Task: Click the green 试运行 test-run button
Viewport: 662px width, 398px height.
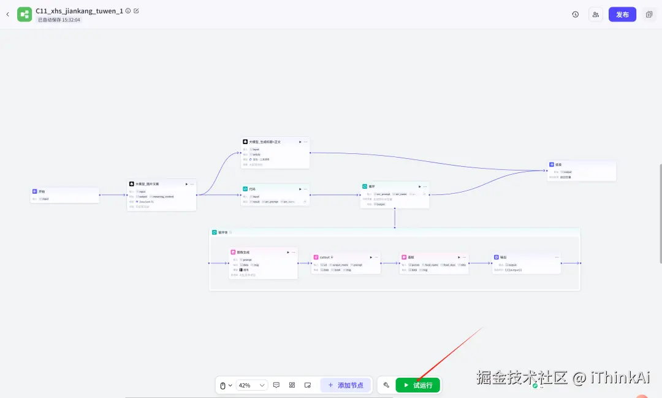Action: pyautogui.click(x=418, y=385)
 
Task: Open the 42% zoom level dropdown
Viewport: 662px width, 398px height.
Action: pyautogui.click(x=252, y=385)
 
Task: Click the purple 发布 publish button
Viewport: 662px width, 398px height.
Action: pyautogui.click(x=622, y=14)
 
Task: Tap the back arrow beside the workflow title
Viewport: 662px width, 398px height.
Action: pyautogui.click(x=7, y=14)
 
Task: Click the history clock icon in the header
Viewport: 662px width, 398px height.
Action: pyautogui.click(x=575, y=14)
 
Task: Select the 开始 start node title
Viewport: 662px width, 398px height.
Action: pyautogui.click(x=42, y=191)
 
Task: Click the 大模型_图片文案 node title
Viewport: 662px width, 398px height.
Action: pyautogui.click(x=147, y=183)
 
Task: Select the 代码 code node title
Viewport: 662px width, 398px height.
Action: pyautogui.click(x=252, y=189)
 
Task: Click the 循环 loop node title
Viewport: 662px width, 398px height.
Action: pyautogui.click(x=371, y=186)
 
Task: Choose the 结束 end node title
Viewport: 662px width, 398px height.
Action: pyautogui.click(x=558, y=164)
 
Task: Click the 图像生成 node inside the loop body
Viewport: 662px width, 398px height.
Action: pyautogui.click(x=243, y=252)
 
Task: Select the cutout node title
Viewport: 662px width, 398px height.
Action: pyautogui.click(x=325, y=257)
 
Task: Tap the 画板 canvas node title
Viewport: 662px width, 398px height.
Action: pyautogui.click(x=411, y=257)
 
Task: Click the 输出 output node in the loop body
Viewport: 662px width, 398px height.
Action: pyautogui.click(x=503, y=257)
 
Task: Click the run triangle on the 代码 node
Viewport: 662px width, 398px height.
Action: pyautogui.click(x=299, y=189)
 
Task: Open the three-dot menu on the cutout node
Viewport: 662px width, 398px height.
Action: pyautogui.click(x=377, y=257)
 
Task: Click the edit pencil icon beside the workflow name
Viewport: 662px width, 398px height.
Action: pyautogui.click(x=136, y=10)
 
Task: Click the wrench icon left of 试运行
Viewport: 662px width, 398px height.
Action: pyautogui.click(x=386, y=385)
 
